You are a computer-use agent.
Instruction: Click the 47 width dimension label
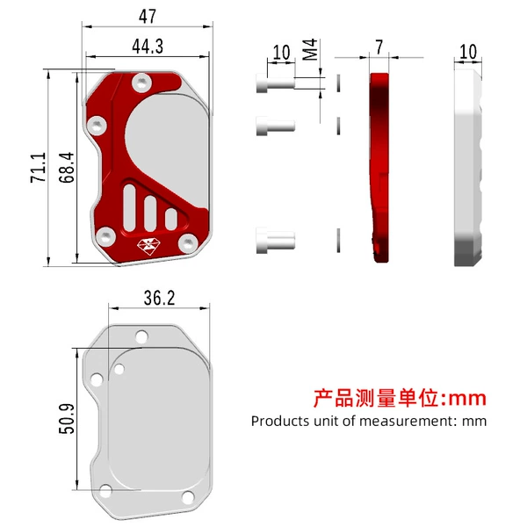click(148, 16)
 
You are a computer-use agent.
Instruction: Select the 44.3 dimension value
click(148, 46)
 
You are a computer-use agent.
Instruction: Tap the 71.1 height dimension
click(39, 168)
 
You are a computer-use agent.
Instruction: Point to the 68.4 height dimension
click(67, 168)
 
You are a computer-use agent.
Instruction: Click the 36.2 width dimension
click(159, 298)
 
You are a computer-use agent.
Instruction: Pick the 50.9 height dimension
click(67, 419)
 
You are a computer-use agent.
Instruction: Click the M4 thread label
click(310, 49)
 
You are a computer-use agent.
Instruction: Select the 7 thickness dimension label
click(379, 47)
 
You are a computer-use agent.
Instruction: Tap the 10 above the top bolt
click(281, 53)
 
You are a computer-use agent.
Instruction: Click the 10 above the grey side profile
click(468, 52)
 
